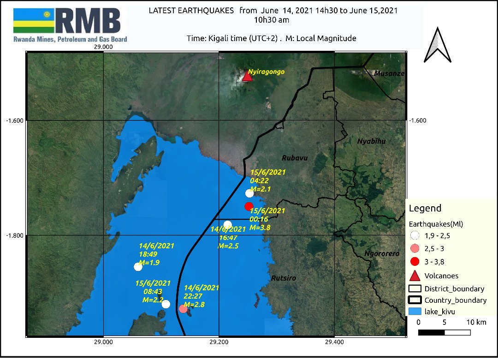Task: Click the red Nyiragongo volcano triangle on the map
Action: coord(248,76)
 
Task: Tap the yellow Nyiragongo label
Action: coord(267,72)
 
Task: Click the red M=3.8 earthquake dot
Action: coord(249,206)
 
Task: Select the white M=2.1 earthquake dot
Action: coord(249,193)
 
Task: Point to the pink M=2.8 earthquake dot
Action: coord(183,308)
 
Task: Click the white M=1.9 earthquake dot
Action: coord(138,266)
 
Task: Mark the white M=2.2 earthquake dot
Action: coord(166,304)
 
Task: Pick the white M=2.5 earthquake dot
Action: coord(227,225)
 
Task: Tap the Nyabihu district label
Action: coord(371,141)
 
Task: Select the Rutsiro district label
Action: coord(284,278)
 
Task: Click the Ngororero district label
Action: coord(382,253)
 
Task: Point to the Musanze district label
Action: coord(389,73)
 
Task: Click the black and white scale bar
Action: coord(445,332)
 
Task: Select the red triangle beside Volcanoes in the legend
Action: coord(415,276)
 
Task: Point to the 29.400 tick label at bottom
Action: coord(334,342)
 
